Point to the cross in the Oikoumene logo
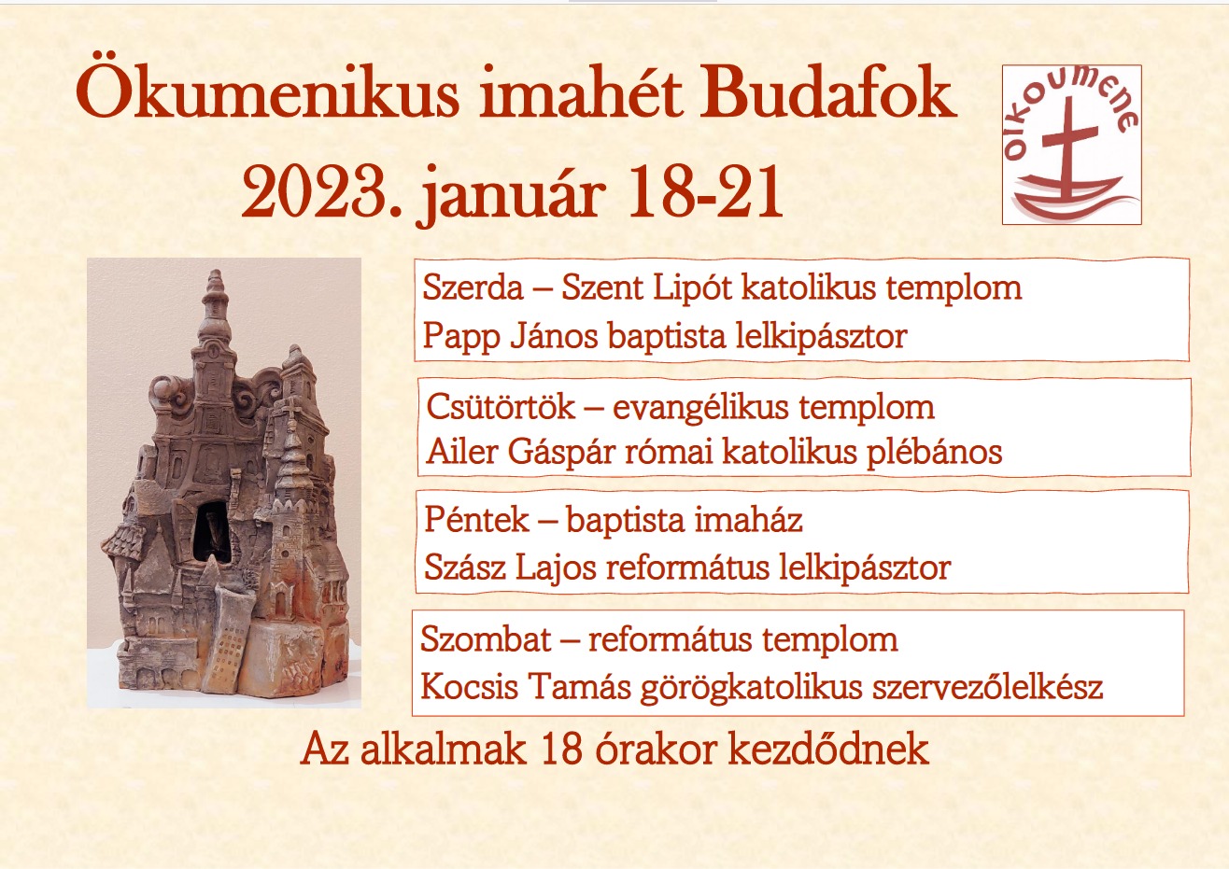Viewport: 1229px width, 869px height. (1066, 149)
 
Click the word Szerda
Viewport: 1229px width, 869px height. (473, 287)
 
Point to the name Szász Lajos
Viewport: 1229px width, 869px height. (513, 568)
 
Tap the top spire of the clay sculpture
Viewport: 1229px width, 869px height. (216, 285)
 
